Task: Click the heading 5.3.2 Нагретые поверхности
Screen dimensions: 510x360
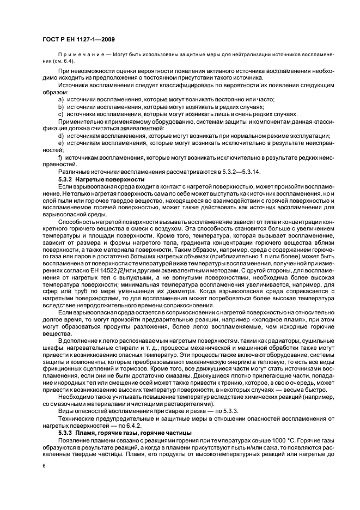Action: [101, 179]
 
